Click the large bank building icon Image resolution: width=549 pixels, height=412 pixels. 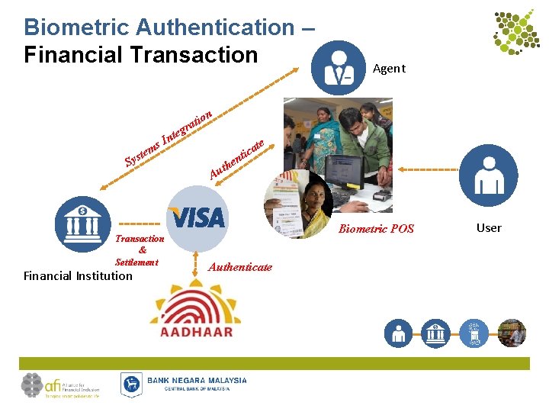click(82, 224)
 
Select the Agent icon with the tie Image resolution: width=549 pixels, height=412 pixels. click(339, 68)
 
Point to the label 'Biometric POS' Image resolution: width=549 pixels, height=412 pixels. click(376, 229)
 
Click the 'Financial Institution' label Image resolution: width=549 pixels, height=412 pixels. click(78, 276)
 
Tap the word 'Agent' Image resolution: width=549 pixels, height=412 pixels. click(389, 69)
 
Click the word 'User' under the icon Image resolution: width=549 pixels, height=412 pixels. click(489, 227)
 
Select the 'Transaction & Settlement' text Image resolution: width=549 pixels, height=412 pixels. click(139, 250)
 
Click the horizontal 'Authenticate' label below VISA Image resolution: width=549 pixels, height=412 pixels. click(239, 267)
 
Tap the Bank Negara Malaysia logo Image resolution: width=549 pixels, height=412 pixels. click(184, 384)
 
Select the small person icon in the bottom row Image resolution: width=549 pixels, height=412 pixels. click(398, 333)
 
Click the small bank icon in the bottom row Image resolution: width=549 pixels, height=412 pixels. click(435, 333)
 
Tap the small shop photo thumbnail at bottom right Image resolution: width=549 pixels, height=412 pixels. click(512, 333)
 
